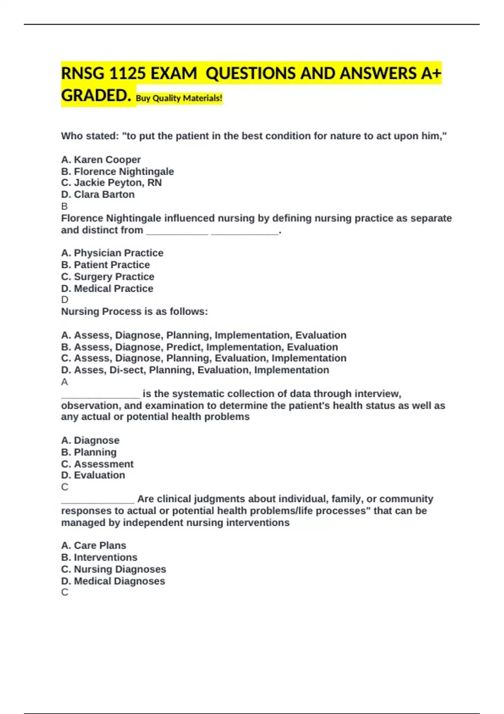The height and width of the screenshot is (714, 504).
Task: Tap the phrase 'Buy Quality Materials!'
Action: pos(179,98)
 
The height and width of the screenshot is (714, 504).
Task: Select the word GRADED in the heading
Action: pos(94,96)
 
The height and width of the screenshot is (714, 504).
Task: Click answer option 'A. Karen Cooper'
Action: pos(101,160)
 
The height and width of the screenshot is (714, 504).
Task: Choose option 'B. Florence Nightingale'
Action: pos(118,171)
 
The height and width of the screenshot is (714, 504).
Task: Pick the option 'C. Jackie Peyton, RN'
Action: pos(111,183)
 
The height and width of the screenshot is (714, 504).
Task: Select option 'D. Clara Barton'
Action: pos(98,194)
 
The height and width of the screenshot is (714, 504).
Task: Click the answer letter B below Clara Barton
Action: pos(64,206)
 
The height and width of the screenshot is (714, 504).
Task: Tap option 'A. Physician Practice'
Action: pos(112,253)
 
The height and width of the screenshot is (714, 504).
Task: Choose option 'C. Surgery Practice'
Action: pos(108,277)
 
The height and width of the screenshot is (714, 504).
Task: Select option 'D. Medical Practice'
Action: pos(107,289)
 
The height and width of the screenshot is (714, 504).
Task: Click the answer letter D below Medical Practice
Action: pos(65,300)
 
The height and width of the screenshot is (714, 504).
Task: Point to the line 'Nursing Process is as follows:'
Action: pos(134,312)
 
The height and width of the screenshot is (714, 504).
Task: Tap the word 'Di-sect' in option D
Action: pos(126,370)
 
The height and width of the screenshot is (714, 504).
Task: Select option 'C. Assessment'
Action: pos(97,464)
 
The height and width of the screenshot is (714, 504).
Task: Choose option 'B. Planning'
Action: pos(89,452)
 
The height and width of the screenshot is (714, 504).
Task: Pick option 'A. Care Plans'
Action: pos(93,546)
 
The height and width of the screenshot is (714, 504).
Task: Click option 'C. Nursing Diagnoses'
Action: pos(113,569)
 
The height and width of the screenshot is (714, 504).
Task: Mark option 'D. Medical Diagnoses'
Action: pos(113,581)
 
